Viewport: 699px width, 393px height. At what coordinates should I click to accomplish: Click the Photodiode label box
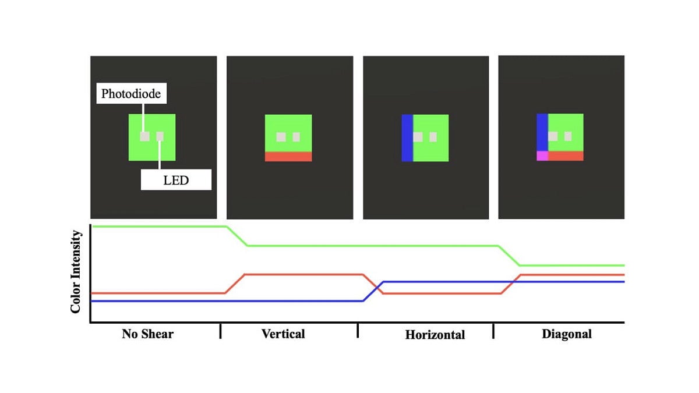click(132, 93)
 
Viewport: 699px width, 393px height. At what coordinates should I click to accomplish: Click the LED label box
click(176, 180)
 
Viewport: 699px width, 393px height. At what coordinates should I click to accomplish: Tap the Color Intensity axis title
click(76, 272)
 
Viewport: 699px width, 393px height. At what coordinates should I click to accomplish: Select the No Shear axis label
click(147, 334)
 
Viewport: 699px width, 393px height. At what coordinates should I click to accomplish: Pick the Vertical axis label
click(283, 334)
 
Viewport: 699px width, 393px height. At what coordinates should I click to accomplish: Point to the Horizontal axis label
click(435, 335)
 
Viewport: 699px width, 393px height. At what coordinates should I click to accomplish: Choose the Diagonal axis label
click(567, 334)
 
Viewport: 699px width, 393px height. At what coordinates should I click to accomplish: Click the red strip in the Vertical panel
click(288, 157)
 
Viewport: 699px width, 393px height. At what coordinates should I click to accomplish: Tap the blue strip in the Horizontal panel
click(407, 138)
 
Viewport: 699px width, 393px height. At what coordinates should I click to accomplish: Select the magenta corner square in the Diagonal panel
click(542, 156)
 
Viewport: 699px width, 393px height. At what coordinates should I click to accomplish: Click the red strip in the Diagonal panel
click(566, 156)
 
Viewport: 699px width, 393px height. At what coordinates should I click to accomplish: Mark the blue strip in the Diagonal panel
click(542, 132)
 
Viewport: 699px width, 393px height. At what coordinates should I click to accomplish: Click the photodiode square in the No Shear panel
click(144, 136)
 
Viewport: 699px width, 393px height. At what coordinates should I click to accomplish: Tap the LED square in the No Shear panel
click(160, 136)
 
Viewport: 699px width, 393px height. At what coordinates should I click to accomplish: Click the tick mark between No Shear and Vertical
click(220, 331)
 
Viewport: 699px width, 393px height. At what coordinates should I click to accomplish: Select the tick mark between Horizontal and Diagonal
click(493, 331)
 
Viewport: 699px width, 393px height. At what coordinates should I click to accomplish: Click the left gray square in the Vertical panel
click(281, 137)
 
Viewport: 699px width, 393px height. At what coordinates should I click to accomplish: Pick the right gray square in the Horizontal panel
click(433, 137)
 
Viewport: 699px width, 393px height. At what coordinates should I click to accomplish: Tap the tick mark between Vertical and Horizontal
click(358, 331)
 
